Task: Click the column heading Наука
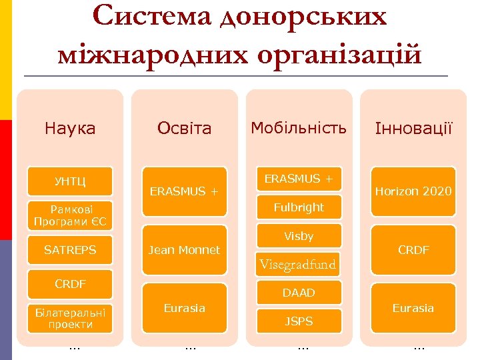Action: coord(70,128)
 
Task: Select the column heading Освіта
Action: coord(184,128)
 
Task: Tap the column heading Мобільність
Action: coord(299,127)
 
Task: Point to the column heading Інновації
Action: coord(413,128)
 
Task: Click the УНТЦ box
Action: coord(70,181)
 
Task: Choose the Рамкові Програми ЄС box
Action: coord(70,215)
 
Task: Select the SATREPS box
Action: coord(70,250)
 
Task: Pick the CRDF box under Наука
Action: coord(70,284)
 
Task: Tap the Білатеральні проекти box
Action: coord(70,319)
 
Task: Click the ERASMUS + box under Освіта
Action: coord(184,191)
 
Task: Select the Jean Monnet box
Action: coord(184,250)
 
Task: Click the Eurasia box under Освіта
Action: coord(184,308)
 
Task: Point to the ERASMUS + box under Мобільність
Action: coord(299,179)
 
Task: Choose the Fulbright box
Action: coord(299,207)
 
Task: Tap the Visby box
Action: coord(299,236)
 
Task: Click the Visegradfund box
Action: coord(299,265)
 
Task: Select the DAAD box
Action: coord(299,293)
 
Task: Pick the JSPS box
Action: coord(299,321)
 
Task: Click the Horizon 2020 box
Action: coord(413,191)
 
